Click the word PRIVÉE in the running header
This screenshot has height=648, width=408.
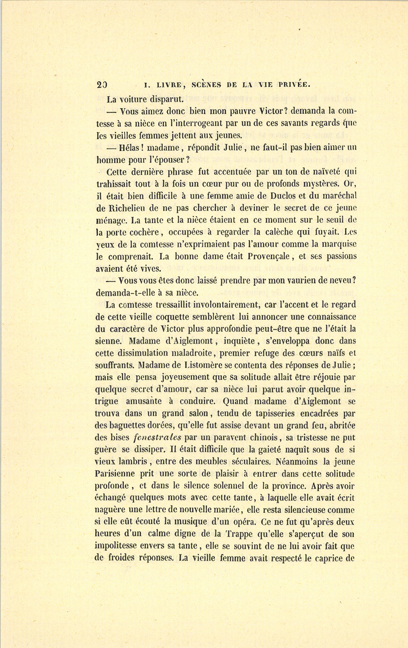[293, 84]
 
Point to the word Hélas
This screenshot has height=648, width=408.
[131, 147]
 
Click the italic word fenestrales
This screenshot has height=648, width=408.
[158, 438]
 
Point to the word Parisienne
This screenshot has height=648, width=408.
[118, 474]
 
